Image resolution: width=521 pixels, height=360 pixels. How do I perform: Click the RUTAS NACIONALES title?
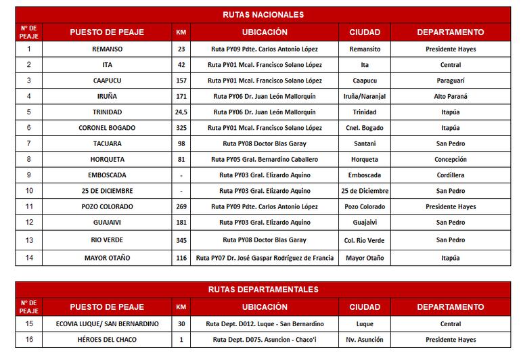[x=263, y=14]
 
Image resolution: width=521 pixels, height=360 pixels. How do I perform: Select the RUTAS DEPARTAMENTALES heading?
[x=263, y=290]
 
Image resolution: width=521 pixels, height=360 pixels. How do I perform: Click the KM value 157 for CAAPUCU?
[x=181, y=81]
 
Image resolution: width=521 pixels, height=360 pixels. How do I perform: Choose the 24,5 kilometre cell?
[x=181, y=112]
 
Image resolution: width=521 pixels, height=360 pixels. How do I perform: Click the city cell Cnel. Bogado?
[x=365, y=127]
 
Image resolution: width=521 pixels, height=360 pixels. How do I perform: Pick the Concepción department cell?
[x=451, y=159]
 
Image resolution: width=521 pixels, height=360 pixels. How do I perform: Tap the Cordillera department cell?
[x=451, y=175]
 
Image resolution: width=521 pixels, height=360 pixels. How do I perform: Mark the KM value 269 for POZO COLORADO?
[x=181, y=206]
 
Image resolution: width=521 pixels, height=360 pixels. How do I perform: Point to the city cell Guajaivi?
[x=365, y=222]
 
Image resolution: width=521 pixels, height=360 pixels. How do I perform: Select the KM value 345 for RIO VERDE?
[x=181, y=240]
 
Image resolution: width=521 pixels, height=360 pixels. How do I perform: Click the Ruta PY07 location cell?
[x=263, y=258]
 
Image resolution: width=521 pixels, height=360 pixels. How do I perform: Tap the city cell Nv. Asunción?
[x=365, y=340]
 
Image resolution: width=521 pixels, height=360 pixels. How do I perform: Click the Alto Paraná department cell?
[x=451, y=96]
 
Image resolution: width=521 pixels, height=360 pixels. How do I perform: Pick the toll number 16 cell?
[x=28, y=340]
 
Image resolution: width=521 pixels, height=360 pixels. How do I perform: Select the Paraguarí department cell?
[x=451, y=81]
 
